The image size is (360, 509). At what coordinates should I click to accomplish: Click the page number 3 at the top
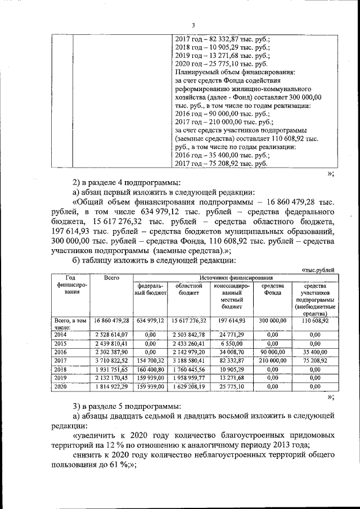pos(192,25)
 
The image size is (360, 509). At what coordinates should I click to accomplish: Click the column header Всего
pos(112,278)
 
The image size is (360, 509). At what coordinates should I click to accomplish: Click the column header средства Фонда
pos(272,290)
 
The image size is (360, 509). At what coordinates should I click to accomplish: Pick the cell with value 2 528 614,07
pos(112,334)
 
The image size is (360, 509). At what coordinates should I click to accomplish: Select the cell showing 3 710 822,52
pos(112,361)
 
